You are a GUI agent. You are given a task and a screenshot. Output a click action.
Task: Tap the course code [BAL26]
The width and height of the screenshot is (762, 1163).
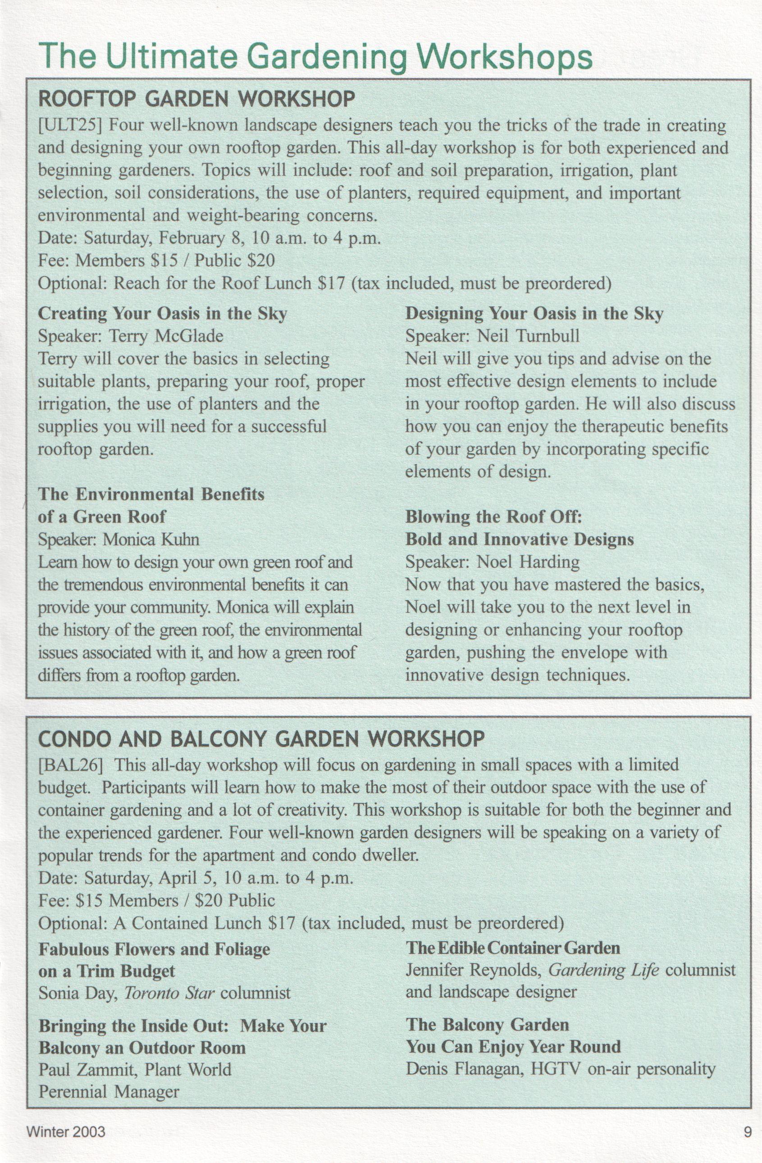click(x=70, y=765)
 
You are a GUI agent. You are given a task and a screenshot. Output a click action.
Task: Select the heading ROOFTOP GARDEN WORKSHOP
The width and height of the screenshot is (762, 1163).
click(x=196, y=99)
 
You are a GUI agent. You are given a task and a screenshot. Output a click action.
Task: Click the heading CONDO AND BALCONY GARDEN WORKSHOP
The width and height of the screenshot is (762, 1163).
click(x=261, y=739)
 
